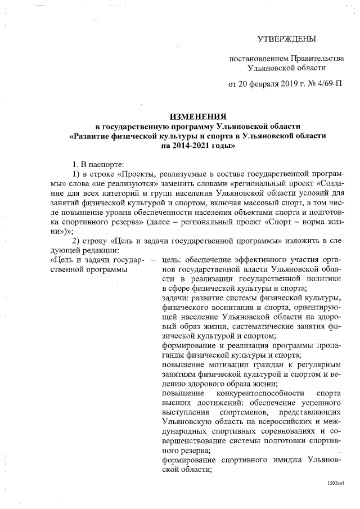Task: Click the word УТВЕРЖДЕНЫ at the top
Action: pyautogui.click(x=287, y=39)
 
